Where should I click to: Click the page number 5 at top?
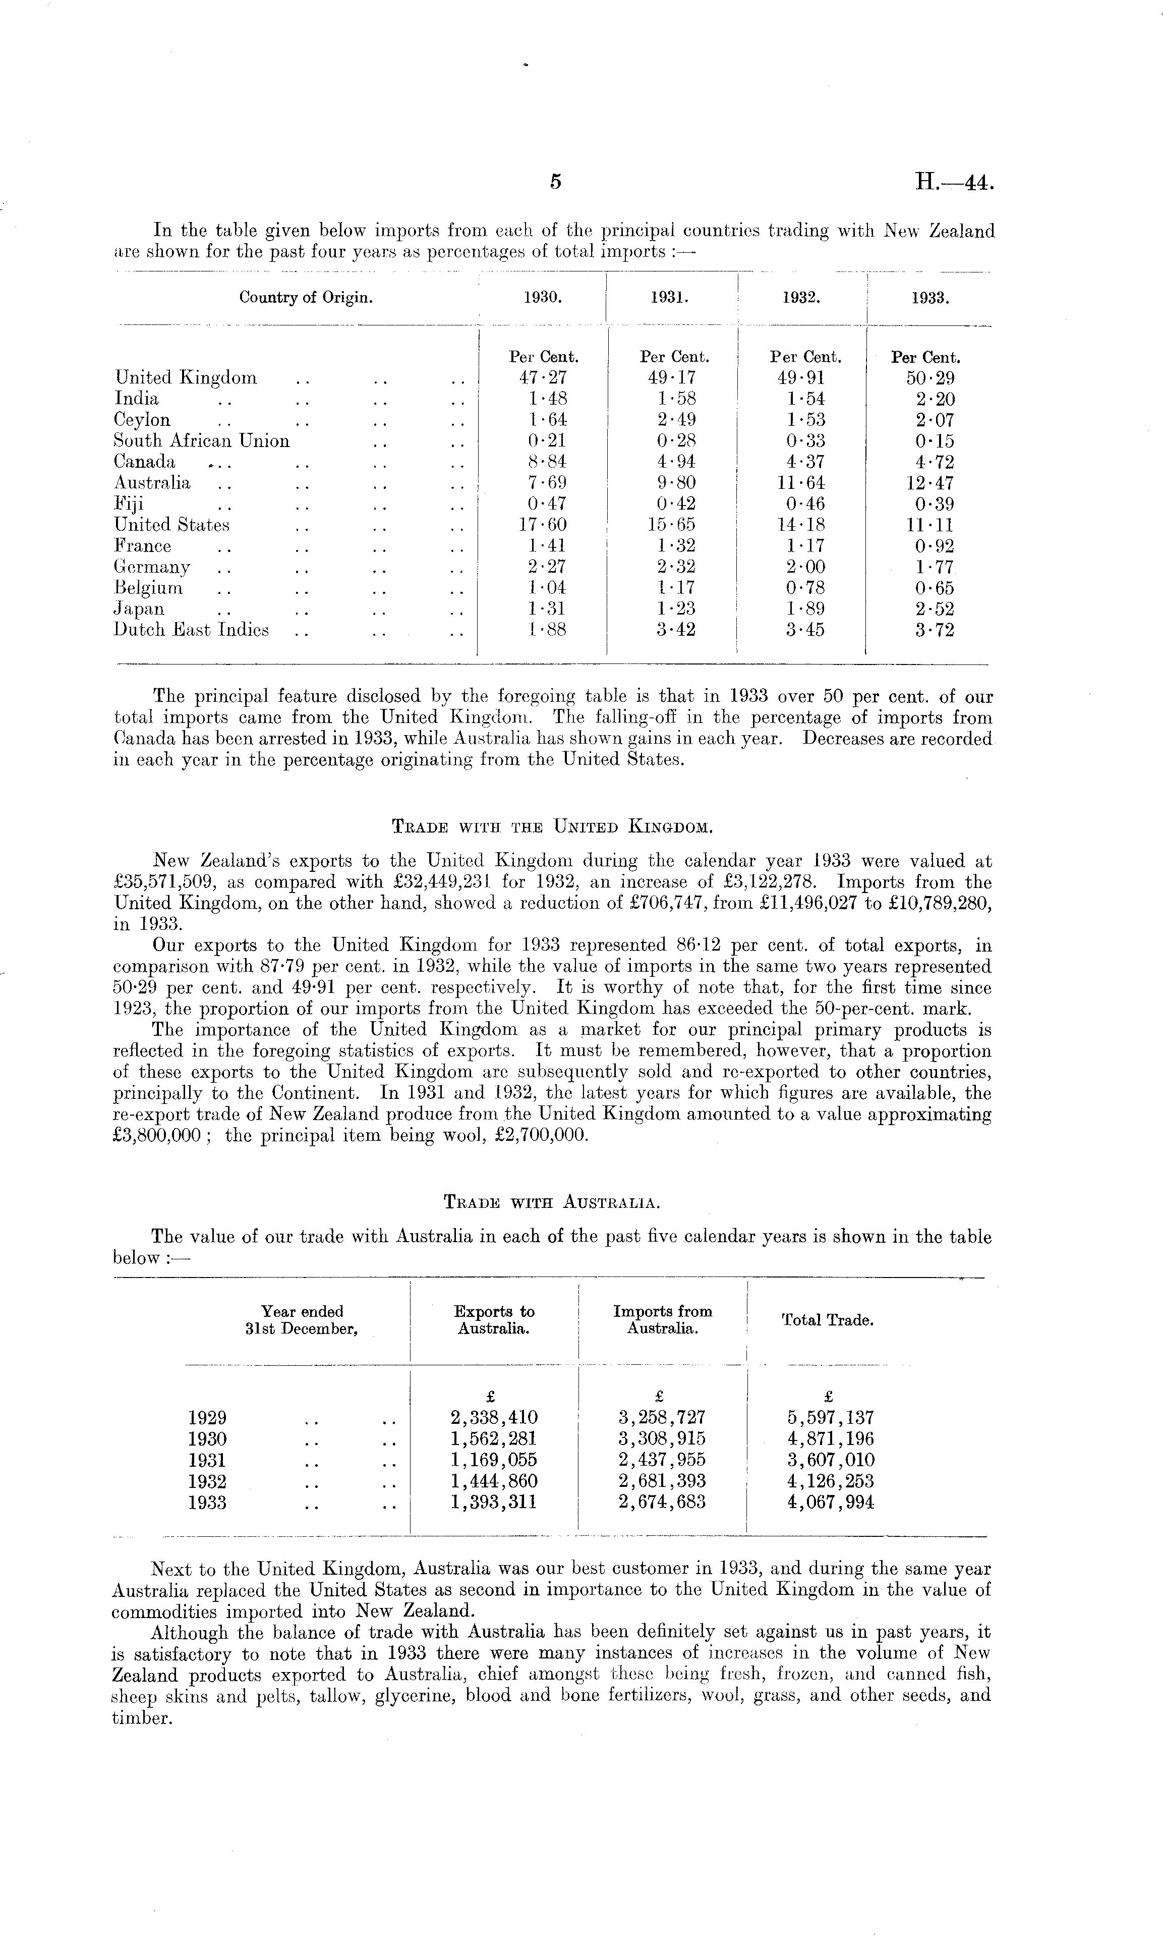pyautogui.click(x=556, y=182)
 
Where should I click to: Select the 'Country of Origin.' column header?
pyautogui.click(x=306, y=298)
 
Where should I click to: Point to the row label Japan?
pyautogui.click(x=140, y=609)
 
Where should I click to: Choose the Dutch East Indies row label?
pyautogui.click(x=191, y=630)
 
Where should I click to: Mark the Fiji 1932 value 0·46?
pyautogui.click(x=805, y=504)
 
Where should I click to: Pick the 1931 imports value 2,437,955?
pyautogui.click(x=661, y=1460)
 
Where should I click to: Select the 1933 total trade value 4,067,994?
pyautogui.click(x=830, y=1502)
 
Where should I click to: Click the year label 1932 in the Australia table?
pyautogui.click(x=208, y=1481)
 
